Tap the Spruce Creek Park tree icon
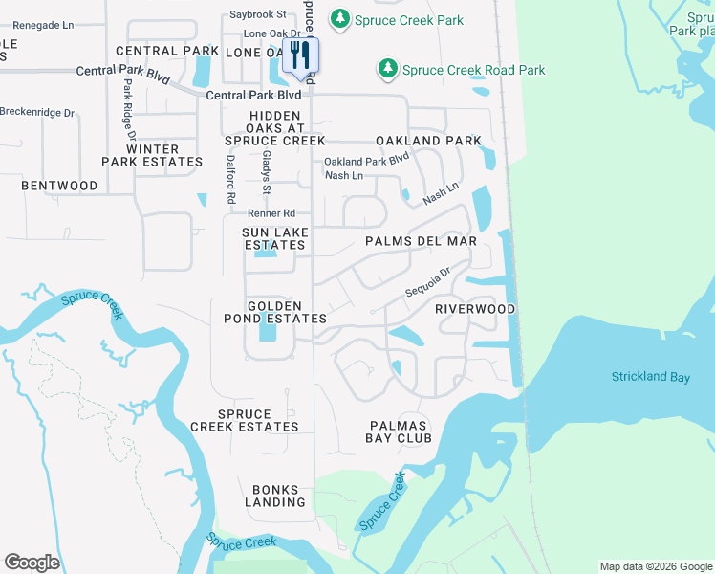pos(338,18)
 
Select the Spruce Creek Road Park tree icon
pos(387,69)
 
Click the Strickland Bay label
pos(651,377)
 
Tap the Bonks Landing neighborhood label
pos(275,495)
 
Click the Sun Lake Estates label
pos(274,238)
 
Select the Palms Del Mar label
pos(421,241)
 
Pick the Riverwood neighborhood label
pos(475,309)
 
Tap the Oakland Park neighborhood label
pos(428,141)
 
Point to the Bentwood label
pos(59,185)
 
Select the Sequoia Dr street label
pos(427,281)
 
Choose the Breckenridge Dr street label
pos(37,112)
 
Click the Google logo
pos(32,563)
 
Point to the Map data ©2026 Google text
pos(655,566)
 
